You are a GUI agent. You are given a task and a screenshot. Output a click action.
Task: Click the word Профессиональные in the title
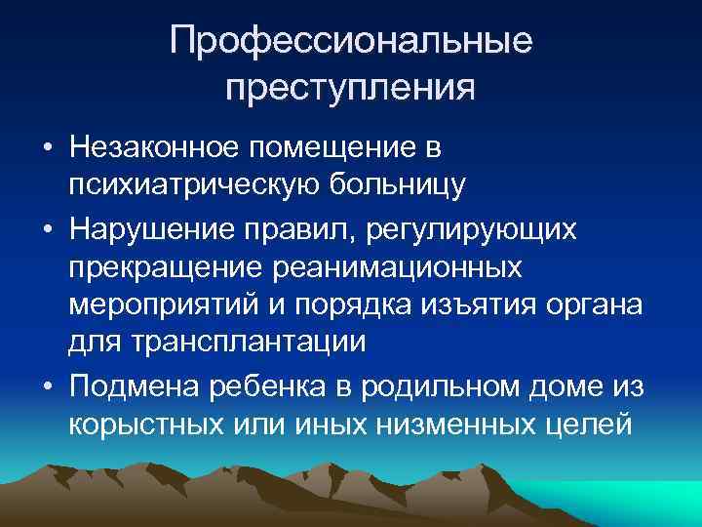pos(351,42)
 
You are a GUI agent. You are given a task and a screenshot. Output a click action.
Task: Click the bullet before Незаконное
pos(45,149)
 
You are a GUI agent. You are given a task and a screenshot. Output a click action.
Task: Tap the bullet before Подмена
pos(45,386)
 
